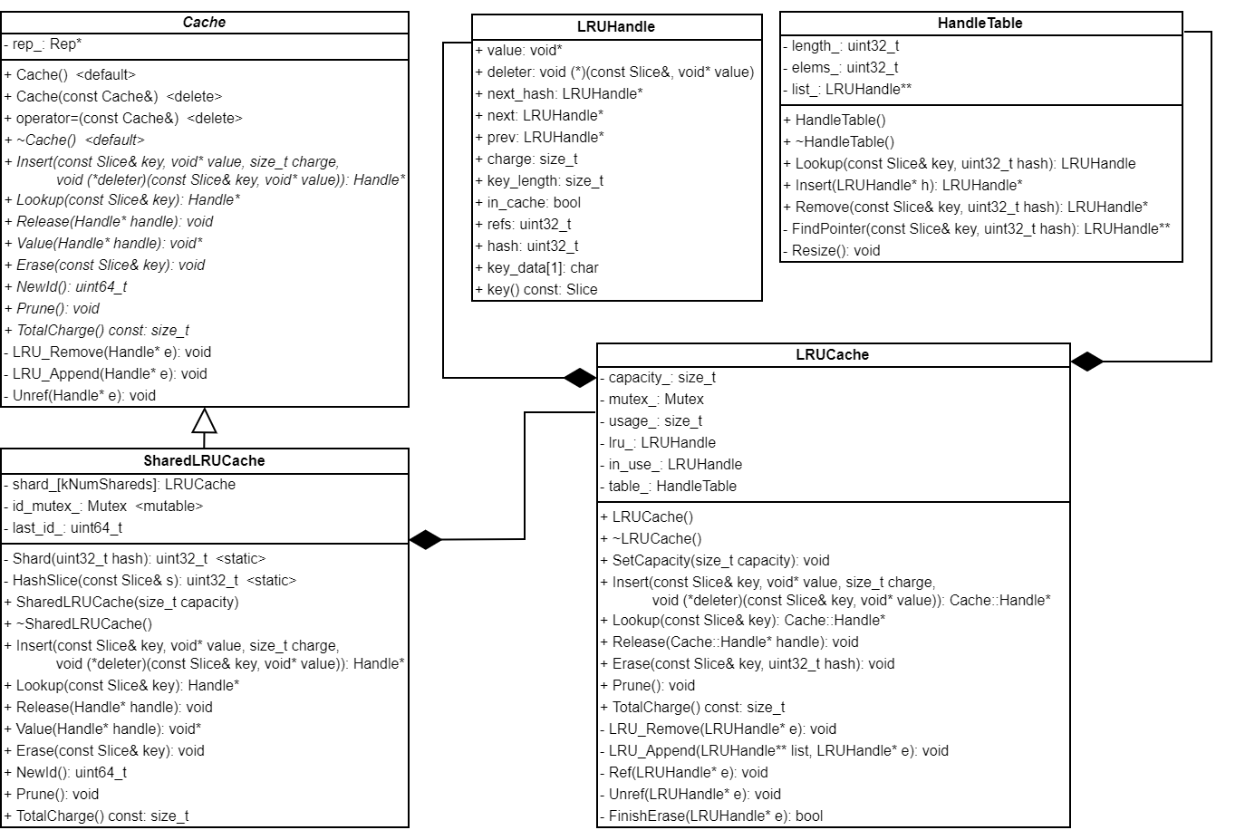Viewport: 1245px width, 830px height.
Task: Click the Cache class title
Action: pyautogui.click(x=204, y=23)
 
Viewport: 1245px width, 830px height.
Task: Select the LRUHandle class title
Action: pyautogui.click(x=616, y=27)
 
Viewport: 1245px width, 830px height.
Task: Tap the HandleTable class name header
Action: pyautogui.click(x=980, y=24)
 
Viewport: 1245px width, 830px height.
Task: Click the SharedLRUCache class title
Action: pyautogui.click(x=204, y=460)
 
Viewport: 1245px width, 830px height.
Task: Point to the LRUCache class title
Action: pyautogui.click(x=832, y=355)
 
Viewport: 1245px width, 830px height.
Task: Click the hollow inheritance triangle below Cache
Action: pyautogui.click(x=205, y=421)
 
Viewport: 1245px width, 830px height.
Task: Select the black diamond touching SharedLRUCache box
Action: pyautogui.click(x=426, y=540)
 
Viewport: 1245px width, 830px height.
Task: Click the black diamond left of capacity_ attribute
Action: pyautogui.click(x=580, y=378)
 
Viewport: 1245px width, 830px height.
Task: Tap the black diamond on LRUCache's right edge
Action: pyautogui.click(x=1087, y=362)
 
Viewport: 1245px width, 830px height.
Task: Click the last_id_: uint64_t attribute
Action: pyautogui.click(x=65, y=528)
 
